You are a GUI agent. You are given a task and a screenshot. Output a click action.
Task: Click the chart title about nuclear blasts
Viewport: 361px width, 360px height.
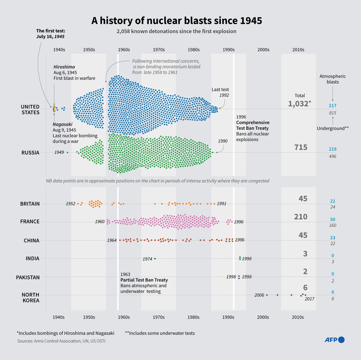(x=177, y=21)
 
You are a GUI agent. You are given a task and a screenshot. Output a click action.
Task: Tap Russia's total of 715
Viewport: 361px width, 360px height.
(x=301, y=147)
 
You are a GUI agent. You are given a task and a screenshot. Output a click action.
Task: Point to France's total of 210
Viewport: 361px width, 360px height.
(x=301, y=217)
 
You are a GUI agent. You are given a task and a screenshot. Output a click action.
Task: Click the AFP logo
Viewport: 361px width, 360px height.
(x=334, y=340)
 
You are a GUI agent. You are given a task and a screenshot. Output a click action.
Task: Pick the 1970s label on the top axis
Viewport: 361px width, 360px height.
(x=159, y=50)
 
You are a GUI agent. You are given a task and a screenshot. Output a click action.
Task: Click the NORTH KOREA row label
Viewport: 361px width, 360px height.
(x=30, y=297)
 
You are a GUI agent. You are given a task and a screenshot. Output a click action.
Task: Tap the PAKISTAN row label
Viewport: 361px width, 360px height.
(x=28, y=277)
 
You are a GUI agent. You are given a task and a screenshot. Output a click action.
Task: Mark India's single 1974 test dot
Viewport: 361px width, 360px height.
(x=155, y=258)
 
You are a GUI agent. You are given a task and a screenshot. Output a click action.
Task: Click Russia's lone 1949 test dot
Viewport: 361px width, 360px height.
(x=67, y=152)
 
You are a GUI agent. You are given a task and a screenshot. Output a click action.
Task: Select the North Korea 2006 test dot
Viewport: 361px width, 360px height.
(x=267, y=295)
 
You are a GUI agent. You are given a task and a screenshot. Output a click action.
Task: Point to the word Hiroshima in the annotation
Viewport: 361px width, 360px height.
(x=64, y=67)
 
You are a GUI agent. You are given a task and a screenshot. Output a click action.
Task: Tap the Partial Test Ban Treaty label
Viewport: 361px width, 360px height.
(x=144, y=280)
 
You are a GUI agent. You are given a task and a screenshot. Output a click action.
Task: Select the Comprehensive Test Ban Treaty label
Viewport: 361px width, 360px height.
(x=253, y=125)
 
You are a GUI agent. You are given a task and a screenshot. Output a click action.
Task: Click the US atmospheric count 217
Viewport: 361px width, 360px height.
(x=332, y=105)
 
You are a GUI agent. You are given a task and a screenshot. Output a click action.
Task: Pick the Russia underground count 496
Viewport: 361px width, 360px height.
(x=332, y=156)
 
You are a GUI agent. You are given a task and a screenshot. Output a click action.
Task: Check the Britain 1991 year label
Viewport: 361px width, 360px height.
(x=221, y=203)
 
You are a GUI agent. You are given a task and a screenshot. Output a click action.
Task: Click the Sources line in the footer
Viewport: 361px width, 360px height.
(x=61, y=341)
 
